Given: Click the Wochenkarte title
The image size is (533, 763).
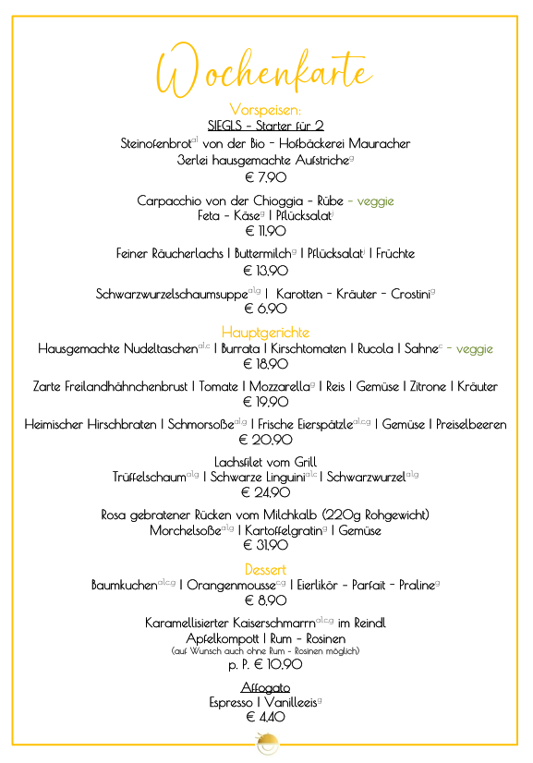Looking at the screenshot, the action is click(x=265, y=71).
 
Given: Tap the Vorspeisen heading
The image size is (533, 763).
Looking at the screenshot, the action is click(x=265, y=110).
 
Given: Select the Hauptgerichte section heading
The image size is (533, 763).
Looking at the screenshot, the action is click(x=265, y=332).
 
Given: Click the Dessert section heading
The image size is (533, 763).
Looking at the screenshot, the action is click(x=265, y=569).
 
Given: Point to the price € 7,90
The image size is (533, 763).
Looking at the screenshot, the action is click(x=265, y=176).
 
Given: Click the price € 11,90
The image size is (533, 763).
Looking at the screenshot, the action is click(x=265, y=231).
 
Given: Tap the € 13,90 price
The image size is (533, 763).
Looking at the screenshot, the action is click(x=265, y=271).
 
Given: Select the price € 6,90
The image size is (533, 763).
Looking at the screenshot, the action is click(x=265, y=309).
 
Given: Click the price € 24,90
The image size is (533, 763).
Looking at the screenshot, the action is click(x=265, y=492).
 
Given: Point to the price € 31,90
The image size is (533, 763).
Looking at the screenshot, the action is click(x=265, y=546).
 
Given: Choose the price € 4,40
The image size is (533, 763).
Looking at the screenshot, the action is click(x=265, y=717).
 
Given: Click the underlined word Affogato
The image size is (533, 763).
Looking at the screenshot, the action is click(x=265, y=687).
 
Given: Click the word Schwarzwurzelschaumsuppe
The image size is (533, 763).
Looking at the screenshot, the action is click(x=171, y=294).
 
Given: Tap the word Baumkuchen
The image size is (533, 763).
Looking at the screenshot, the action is click(x=124, y=586).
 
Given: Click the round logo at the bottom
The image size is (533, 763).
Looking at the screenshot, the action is click(x=265, y=743).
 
